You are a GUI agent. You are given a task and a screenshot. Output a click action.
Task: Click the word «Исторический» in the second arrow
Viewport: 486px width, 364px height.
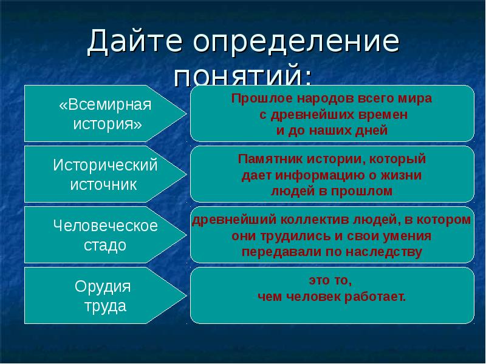tap(105, 165)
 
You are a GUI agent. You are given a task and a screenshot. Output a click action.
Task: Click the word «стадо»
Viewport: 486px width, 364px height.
tap(105, 245)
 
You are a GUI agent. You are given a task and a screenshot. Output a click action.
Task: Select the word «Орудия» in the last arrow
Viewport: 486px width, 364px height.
tap(103, 286)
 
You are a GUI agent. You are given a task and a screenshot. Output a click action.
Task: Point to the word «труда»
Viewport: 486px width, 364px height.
tap(105, 306)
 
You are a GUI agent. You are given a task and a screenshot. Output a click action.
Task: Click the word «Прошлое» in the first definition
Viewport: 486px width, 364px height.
tap(255, 98)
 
